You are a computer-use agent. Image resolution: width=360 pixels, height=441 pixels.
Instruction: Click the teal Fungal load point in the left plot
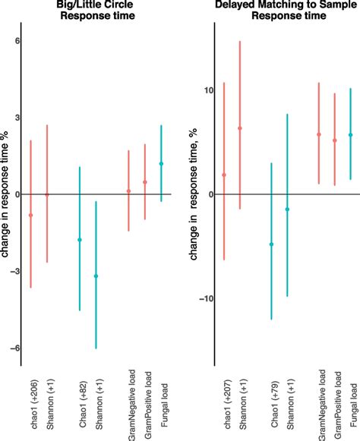161,163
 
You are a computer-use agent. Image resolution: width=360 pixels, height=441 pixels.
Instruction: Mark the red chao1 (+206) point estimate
31,215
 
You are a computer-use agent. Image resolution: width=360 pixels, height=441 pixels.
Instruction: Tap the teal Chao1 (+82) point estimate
80,240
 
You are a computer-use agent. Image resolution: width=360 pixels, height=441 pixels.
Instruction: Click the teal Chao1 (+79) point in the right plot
271,244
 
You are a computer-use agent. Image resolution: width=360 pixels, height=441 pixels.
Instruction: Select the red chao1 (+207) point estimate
224,175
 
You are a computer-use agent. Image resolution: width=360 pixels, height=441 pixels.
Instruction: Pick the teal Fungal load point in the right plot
350,135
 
